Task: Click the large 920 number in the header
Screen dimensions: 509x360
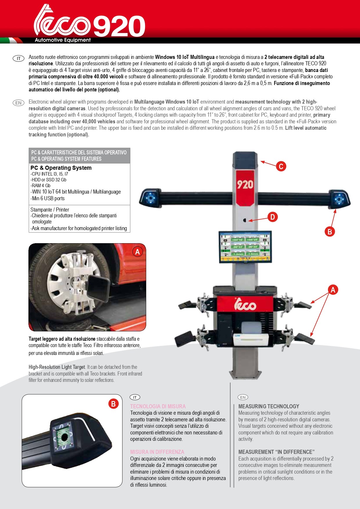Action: [x=119, y=26]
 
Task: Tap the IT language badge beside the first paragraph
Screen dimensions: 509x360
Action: [x=19, y=59]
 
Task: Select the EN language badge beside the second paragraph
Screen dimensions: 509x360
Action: [x=19, y=103]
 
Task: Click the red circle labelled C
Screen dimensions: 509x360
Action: [x=281, y=166]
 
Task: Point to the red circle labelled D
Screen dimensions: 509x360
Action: [x=272, y=217]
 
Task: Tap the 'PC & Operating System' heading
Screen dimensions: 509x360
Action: [x=61, y=168]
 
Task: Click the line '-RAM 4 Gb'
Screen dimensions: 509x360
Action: [x=40, y=186]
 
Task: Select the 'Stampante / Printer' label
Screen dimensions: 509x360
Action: [x=50, y=210]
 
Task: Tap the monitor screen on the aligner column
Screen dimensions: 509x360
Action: [x=245, y=246]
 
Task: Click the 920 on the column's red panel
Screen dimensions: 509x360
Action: [x=245, y=185]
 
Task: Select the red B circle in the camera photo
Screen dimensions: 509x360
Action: [x=113, y=404]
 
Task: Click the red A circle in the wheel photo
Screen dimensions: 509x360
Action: [x=138, y=252]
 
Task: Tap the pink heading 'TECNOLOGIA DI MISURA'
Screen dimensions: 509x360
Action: [x=158, y=406]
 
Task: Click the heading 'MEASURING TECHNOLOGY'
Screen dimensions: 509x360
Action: [x=269, y=406]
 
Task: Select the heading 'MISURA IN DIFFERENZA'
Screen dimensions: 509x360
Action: [x=157, y=452]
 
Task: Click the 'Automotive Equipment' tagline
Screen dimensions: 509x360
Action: [x=63, y=40]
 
